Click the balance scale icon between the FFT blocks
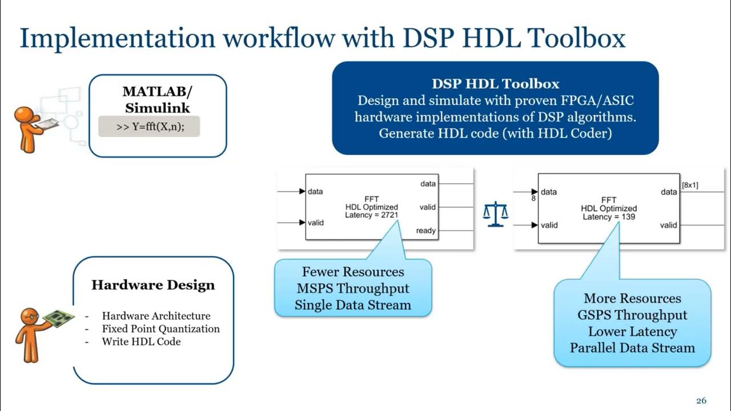[x=495, y=213]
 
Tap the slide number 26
[x=701, y=400]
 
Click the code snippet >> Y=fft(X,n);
[x=150, y=127]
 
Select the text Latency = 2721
[x=371, y=215]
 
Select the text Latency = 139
[x=609, y=217]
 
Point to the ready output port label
[x=426, y=231]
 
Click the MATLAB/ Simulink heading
[x=157, y=99]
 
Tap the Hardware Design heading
[x=153, y=285]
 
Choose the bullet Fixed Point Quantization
[x=160, y=329]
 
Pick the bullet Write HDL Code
[x=141, y=342]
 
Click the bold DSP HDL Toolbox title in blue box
[x=495, y=84]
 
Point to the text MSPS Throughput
[x=352, y=288]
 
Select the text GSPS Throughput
[x=632, y=315]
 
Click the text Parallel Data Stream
[x=632, y=348]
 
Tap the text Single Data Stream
[x=352, y=305]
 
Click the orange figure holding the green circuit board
[x=34, y=333]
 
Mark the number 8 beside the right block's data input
[x=533, y=199]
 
